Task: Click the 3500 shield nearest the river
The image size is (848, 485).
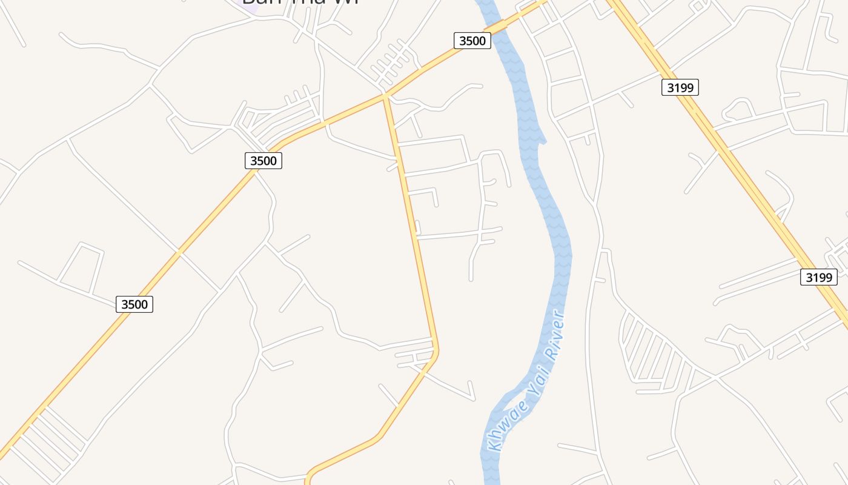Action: point(472,41)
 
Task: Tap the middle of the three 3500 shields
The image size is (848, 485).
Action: point(263,161)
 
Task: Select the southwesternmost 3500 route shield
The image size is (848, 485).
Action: point(134,304)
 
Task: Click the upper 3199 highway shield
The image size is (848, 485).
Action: point(680,87)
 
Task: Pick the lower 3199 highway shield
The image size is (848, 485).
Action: point(818,278)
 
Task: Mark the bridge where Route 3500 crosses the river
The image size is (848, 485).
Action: point(498,27)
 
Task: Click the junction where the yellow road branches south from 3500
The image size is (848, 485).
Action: point(385,95)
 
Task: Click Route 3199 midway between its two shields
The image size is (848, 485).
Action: point(749,182)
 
